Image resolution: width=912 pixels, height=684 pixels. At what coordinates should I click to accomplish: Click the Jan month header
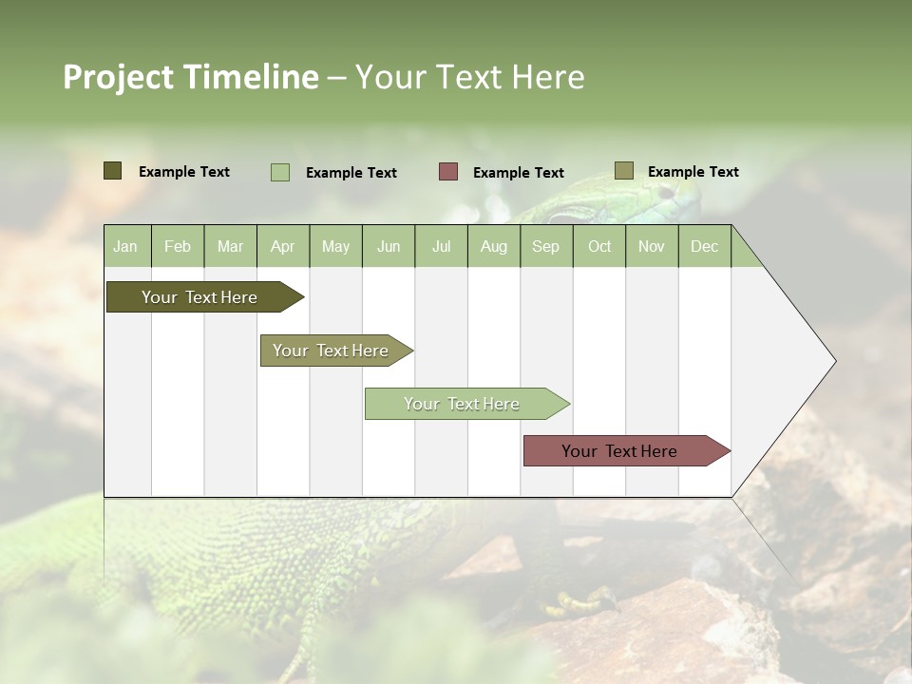point(126,246)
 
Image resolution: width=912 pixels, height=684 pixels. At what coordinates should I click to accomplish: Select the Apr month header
point(282,246)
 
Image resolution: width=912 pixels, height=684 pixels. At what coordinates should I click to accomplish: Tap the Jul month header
point(441,246)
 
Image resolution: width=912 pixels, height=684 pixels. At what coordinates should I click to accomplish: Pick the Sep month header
point(545,246)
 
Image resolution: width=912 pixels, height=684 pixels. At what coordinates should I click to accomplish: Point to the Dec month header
point(704,246)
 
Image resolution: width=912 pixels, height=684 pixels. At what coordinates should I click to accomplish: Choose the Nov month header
point(651,246)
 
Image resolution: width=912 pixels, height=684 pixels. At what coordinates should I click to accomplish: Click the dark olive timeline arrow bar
point(200,297)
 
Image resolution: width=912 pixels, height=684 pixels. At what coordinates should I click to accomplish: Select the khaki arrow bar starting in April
point(332,351)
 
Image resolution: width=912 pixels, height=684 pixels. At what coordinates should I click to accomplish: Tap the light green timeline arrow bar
point(463,404)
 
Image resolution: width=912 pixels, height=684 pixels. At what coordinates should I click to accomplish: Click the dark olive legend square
point(112,171)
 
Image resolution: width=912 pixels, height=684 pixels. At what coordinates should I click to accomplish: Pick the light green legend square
point(279,172)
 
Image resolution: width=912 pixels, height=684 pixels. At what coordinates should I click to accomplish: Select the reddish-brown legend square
point(447,172)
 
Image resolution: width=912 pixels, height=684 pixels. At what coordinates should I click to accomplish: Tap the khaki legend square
point(623,171)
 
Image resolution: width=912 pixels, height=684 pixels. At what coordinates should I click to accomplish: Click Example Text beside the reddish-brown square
point(518,173)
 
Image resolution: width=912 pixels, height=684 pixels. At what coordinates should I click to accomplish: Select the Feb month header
point(178,246)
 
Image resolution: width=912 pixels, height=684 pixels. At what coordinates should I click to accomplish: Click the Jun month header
point(388,246)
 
